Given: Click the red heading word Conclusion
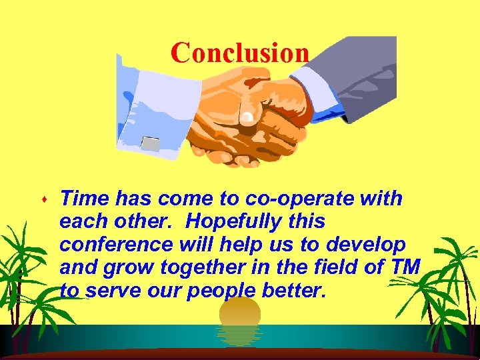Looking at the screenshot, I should pos(239,53).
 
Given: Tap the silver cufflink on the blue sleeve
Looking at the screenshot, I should pos(151,142).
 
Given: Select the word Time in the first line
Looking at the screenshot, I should pos(85,199).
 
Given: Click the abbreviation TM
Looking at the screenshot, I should pos(407,268).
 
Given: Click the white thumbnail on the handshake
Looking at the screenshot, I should pos(248,119).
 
